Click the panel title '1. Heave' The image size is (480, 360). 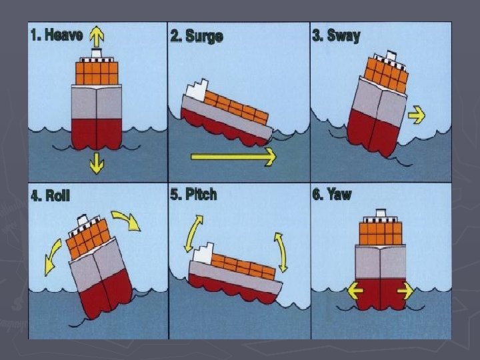pyautogui.click(x=56, y=35)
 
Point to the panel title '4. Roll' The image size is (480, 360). pyautogui.click(x=50, y=197)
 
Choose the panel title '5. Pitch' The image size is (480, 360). pyautogui.click(x=193, y=195)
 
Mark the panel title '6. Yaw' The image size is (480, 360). pyautogui.click(x=331, y=195)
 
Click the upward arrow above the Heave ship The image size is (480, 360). pyautogui.click(x=97, y=36)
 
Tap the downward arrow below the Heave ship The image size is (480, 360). pyautogui.click(x=97, y=162)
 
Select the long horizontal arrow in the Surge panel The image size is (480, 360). pyautogui.click(x=233, y=157)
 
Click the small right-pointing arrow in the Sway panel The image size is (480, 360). pyautogui.click(x=417, y=115)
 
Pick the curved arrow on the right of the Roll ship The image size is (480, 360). pyautogui.click(x=126, y=220)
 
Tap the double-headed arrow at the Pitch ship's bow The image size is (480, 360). pyautogui.click(x=281, y=252)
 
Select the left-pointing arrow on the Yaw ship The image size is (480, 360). pyautogui.click(x=354, y=291)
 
